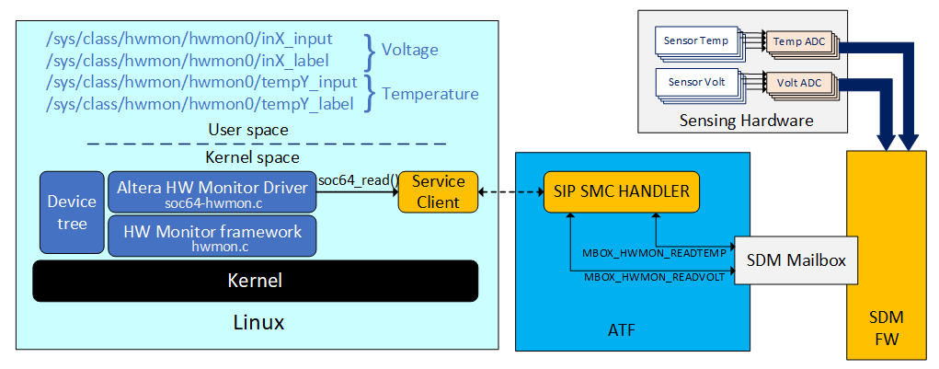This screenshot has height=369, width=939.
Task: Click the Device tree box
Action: point(72,212)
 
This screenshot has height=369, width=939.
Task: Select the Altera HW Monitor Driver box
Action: point(212,191)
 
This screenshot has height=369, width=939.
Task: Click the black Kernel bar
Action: point(255,281)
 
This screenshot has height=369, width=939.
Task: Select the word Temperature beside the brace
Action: point(429,94)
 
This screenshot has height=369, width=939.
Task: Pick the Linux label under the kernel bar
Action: point(255,323)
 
